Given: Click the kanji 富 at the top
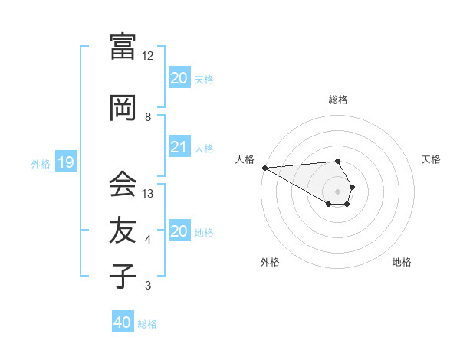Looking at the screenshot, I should tap(123, 47).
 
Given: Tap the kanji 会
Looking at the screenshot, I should tap(123, 183).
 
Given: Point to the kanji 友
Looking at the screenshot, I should tap(123, 229).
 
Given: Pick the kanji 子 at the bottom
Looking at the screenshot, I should tap(123, 275).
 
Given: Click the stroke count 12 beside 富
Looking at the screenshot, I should tap(148, 56).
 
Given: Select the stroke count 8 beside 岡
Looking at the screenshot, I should tap(148, 116).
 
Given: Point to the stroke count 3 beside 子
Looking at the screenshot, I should tap(148, 286).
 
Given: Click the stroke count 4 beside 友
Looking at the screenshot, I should tap(148, 240).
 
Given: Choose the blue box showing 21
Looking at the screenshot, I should tap(179, 148).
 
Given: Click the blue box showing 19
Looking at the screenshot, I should tap(66, 162).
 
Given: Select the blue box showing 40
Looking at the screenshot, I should tap(123, 322).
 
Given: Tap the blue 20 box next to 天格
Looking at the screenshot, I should tap(179, 78).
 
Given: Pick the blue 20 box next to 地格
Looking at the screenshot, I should tap(179, 231).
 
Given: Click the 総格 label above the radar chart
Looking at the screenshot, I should tap(338, 100).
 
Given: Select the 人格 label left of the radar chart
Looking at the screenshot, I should tap(245, 159).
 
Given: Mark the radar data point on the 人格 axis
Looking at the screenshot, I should tap(264, 168).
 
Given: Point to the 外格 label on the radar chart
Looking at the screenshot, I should tap(270, 262).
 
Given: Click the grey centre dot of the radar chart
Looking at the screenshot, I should tap(338, 191).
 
